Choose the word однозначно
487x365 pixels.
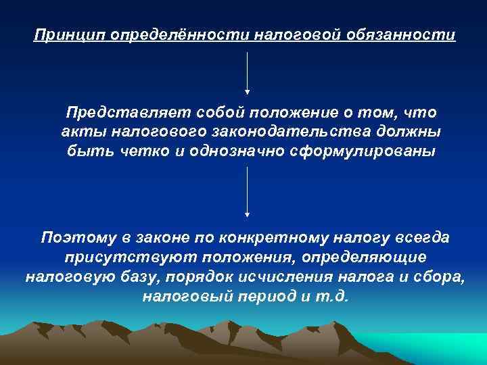[230, 151]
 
